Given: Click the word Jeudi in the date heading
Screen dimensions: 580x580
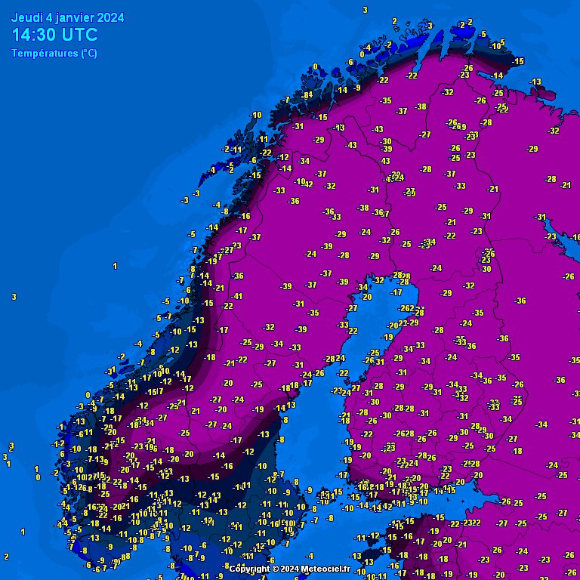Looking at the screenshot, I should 27,17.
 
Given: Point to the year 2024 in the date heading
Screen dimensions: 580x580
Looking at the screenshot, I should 110,17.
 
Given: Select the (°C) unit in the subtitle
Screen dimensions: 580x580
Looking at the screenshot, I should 88,54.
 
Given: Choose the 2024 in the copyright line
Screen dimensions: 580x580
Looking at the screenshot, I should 288,569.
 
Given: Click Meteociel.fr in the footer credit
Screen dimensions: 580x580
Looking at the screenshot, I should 325,569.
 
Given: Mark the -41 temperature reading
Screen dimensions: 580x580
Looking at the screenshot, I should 237,296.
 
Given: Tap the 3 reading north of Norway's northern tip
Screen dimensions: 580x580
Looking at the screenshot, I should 365,10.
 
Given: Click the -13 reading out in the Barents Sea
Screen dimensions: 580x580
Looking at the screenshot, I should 535,82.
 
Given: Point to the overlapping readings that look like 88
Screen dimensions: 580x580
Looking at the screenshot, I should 125,557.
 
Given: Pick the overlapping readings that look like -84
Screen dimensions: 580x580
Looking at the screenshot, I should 306,95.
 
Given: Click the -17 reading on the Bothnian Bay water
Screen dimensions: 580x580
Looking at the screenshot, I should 396,292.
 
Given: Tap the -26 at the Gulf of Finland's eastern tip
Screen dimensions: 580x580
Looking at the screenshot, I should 506,501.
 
